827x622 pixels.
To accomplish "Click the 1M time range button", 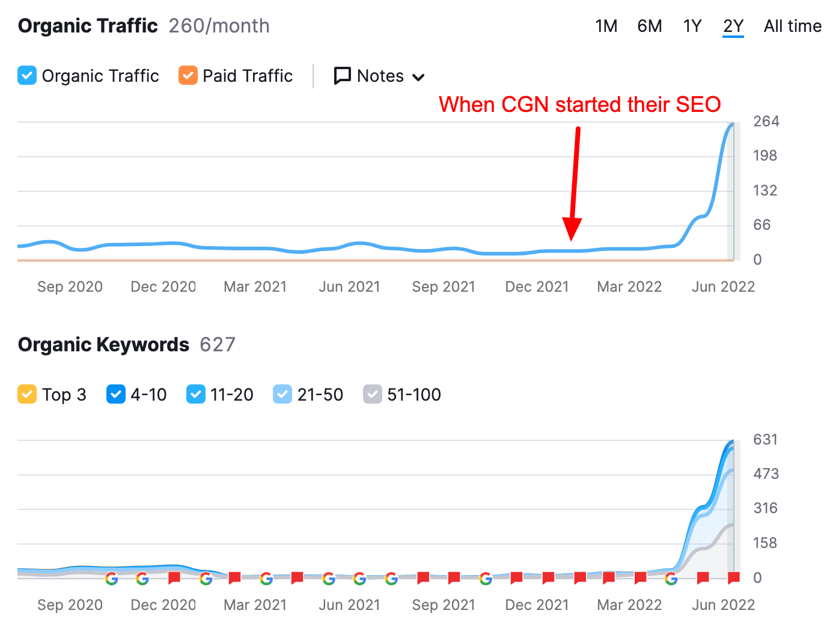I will coord(606,26).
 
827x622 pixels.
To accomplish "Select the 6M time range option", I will coord(649,26).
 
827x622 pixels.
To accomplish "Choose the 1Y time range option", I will coord(692,26).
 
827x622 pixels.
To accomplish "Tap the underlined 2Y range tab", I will coord(733,26).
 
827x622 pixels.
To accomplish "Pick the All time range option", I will coord(792,26).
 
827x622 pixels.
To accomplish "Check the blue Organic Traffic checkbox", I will coord(27,76).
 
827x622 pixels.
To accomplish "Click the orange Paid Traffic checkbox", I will coord(188,76).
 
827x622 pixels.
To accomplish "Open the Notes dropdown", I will coord(380,76).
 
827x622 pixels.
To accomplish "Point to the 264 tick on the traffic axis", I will coord(766,122).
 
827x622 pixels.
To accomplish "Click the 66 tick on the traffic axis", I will coord(761,225).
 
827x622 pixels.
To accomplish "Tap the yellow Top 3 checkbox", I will coord(27,395).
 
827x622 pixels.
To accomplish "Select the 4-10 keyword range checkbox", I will coord(116,395).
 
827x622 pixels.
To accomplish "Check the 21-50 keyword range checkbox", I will coord(282,395).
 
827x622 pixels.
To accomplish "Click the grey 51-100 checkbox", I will coord(373,395).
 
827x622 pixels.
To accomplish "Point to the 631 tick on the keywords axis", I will coord(765,440).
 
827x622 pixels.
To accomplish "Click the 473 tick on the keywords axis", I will coord(766,474).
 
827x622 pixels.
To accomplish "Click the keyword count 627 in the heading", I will coord(218,345).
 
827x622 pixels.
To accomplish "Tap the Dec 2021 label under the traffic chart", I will coord(537,287).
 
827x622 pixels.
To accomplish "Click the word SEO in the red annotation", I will coord(698,105).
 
